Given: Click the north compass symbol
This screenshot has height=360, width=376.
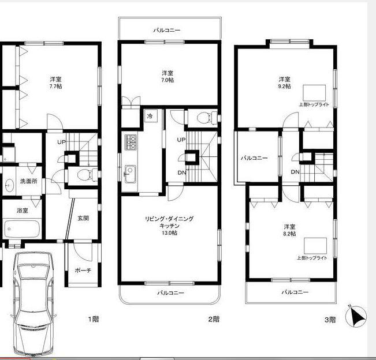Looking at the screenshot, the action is tap(356, 316).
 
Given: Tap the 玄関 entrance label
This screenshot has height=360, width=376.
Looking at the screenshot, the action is tap(83, 218).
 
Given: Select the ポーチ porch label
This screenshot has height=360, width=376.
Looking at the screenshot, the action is tap(83, 271).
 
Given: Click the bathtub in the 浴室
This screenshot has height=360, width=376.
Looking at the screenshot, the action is tap(22, 228).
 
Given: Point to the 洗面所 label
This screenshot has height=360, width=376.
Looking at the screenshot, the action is tap(28, 181).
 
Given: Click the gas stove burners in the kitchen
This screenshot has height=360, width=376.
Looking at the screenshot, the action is tap(131, 142).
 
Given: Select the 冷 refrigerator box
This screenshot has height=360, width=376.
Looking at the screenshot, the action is tap(151, 116).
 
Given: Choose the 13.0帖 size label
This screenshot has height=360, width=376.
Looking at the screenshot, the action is tap(169, 233).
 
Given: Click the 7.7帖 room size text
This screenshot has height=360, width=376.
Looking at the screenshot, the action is tap(55, 86).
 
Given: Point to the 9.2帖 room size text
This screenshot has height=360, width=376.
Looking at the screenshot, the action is tap(285, 86).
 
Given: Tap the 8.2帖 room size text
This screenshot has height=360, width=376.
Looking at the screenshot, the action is tap(289, 234).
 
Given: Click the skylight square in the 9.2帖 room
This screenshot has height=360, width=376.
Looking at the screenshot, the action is tap(314, 93).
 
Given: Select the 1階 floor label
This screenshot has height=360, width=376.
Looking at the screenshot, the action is tap(94, 319).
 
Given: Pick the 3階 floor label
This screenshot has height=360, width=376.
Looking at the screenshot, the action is tap(330, 320).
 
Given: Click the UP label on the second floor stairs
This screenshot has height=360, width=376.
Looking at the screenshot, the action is tap(181, 140).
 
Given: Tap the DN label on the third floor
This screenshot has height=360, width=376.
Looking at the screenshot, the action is tap(295, 172).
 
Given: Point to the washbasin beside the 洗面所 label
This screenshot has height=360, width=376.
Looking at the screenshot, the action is tap(9, 185).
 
